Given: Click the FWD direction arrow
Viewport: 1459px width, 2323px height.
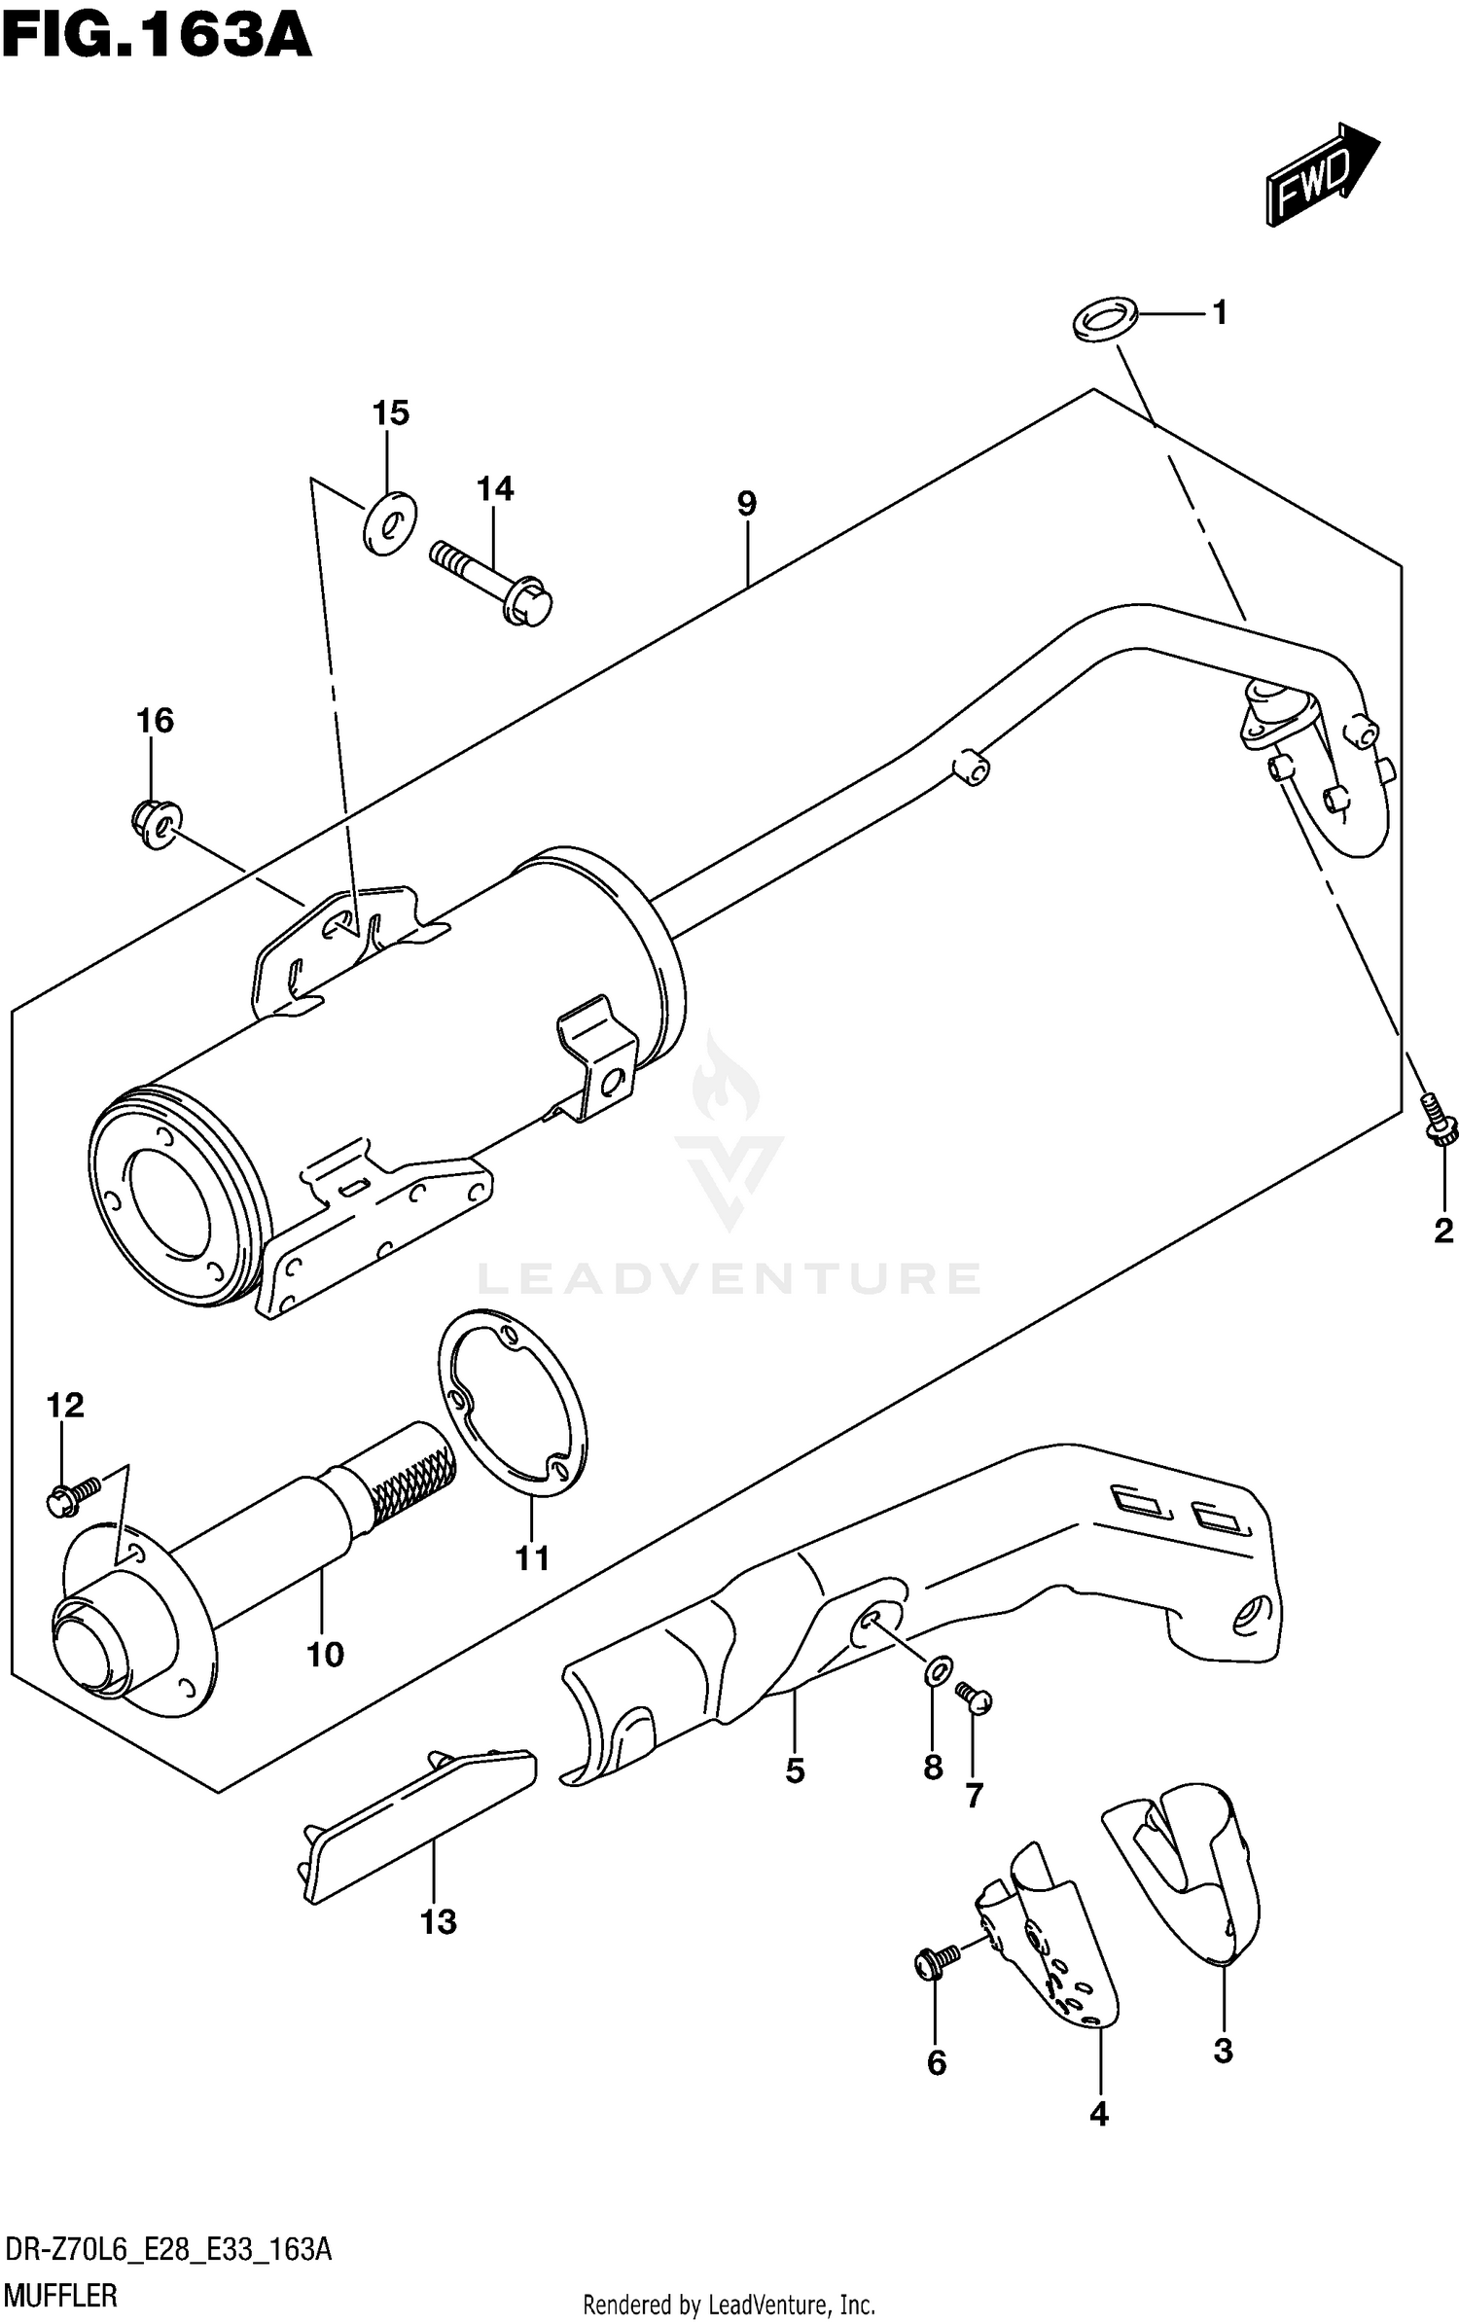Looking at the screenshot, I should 1321,176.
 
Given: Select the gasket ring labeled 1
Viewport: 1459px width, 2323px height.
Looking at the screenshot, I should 1106,319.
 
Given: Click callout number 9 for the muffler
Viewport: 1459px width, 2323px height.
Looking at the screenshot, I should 746,504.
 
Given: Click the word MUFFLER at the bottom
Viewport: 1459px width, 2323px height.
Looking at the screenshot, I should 61,2295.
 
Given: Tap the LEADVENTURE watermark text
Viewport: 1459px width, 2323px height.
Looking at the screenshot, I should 729,1278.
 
